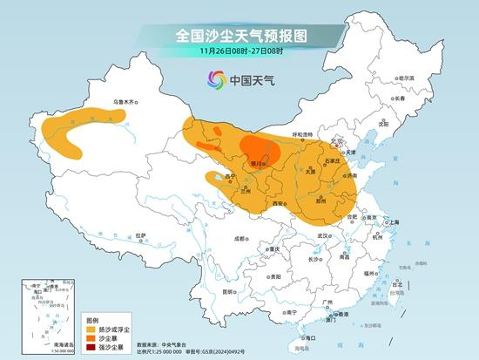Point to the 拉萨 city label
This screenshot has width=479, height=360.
(x=140, y=235)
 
